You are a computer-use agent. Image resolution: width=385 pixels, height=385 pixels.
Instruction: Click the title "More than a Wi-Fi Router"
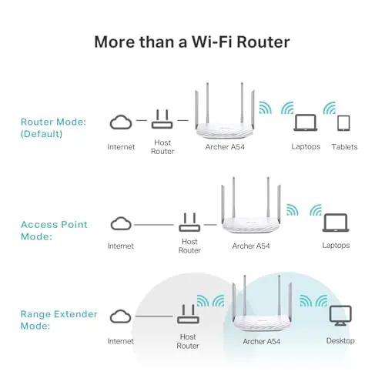pos(192,41)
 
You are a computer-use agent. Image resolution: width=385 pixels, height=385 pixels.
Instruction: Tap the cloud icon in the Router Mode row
pos(121,122)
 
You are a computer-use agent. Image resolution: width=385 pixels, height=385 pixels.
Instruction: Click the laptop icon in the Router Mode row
pos(306,123)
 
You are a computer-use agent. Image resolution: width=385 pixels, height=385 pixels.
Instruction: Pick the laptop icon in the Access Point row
pos(334,223)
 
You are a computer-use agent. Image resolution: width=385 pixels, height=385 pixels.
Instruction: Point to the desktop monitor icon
pos(339,316)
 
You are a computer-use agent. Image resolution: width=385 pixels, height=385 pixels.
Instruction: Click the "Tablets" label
pos(343,146)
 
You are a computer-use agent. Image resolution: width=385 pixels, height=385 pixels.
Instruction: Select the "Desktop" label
pos(340,340)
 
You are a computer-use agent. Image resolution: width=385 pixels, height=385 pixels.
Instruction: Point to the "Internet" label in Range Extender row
pos(121,340)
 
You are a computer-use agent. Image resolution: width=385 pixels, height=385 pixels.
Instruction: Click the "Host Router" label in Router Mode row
pos(162,146)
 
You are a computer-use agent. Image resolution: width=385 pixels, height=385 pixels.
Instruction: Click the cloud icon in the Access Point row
pos(121,223)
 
